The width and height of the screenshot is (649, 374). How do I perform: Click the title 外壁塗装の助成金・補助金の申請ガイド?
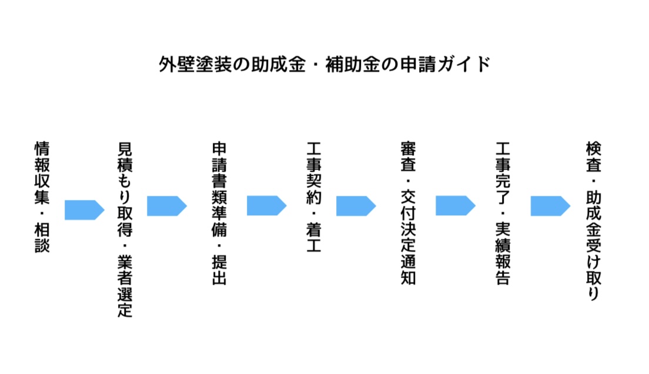tap(324, 65)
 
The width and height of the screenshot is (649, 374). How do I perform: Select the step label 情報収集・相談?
tap(42, 197)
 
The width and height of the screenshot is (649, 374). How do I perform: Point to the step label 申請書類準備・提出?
tap(219, 213)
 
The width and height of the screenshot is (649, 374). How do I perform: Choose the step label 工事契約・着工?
tap(314, 197)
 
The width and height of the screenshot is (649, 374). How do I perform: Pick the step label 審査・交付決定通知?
tap(408, 213)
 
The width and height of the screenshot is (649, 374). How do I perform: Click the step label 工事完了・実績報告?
tap(503, 213)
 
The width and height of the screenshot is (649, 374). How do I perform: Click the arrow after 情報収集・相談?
tap(85, 210)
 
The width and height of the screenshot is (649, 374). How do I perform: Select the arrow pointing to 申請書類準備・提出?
tap(167, 206)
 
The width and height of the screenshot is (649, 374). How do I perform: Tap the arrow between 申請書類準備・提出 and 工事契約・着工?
tap(266, 205)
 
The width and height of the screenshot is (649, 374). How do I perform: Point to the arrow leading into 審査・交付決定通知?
tap(356, 206)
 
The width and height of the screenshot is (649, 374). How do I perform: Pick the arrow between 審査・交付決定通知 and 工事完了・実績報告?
tap(455, 205)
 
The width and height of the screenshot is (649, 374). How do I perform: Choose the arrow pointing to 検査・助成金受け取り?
tap(550, 206)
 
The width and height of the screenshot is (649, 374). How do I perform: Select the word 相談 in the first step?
tap(42, 238)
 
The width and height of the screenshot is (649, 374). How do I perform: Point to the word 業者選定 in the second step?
tap(125, 286)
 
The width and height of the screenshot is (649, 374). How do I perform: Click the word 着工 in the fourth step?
tap(314, 238)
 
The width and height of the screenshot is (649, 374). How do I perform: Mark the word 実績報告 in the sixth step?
tap(503, 254)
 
